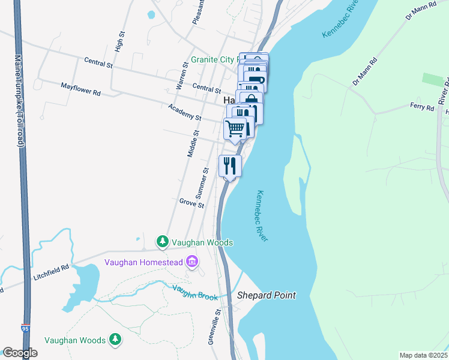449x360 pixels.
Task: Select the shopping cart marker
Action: [235, 128]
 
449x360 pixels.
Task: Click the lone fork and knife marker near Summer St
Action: [230, 166]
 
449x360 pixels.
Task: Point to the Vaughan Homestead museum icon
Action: [192, 262]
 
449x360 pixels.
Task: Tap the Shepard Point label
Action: [267, 295]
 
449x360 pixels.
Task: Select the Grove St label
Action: [191, 203]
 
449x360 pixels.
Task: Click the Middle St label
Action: [193, 144]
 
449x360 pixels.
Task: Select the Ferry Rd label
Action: [421, 107]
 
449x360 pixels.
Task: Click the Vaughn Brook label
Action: [194, 293]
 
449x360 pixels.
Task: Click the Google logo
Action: [20, 353]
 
